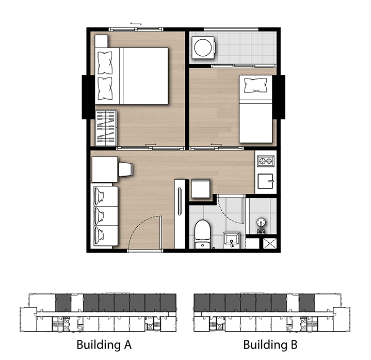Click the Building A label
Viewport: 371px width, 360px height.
point(104,345)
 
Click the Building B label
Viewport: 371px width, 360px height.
point(270,345)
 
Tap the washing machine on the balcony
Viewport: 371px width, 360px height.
point(203,48)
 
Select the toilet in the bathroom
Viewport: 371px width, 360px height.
point(203,234)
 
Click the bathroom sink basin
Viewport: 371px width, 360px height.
point(231,240)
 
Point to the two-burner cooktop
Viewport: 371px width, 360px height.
point(266,161)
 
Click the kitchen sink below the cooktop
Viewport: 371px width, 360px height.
point(265,181)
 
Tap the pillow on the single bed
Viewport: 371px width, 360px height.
point(256,85)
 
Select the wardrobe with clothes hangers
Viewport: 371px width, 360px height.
point(106,128)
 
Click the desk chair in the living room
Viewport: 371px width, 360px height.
point(125,169)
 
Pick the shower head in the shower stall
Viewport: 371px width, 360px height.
point(261,223)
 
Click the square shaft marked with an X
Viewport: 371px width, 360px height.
point(270,243)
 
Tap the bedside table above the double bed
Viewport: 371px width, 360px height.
point(101,41)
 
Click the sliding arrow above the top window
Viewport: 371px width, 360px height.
point(136,24)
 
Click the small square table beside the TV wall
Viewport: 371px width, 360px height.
point(200,189)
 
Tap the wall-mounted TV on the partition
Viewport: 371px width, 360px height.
point(180,201)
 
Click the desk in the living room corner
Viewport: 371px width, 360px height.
point(105,169)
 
